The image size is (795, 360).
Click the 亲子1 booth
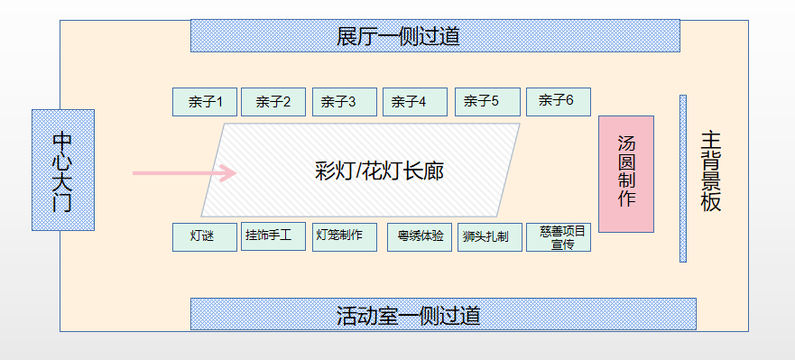(205, 102)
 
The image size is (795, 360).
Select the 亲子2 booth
(273, 102)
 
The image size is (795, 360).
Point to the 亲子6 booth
(558, 101)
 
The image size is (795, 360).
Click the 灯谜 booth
(205, 236)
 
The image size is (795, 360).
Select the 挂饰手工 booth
(273, 236)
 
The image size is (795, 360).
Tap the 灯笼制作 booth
(345, 236)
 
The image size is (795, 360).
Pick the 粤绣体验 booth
(420, 237)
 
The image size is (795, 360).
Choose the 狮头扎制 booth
(489, 237)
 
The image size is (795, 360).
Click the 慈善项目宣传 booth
(559, 237)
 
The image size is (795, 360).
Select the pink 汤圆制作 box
(626, 174)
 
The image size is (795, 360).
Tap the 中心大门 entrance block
(62, 170)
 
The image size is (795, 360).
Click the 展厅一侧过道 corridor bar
(434, 36)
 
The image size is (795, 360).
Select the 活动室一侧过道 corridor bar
(442, 314)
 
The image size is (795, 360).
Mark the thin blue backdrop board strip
(683, 178)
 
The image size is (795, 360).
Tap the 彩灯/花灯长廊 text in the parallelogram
(379, 171)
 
